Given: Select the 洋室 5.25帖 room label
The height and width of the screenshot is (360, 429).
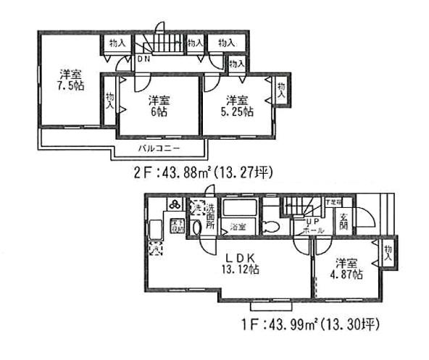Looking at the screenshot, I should click(x=238, y=105).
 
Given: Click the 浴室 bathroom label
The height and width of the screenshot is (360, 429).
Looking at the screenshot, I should click(x=238, y=227).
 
